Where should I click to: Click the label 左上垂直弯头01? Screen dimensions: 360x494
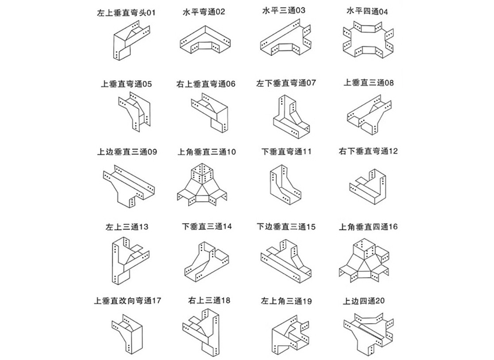126,12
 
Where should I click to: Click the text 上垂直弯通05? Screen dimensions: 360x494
126,84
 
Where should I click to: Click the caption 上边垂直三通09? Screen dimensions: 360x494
127,152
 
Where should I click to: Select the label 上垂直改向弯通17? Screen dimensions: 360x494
127,300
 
